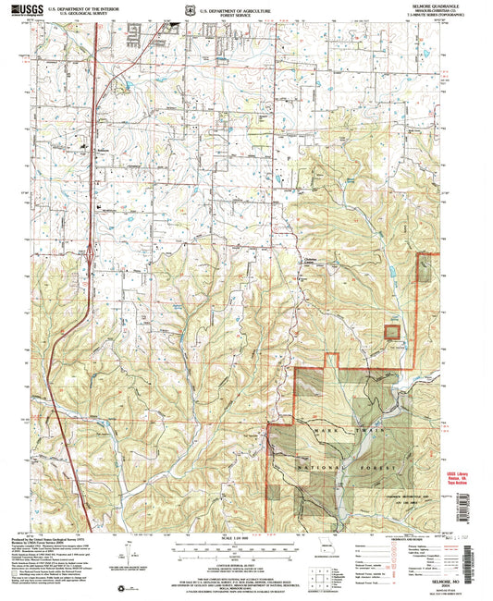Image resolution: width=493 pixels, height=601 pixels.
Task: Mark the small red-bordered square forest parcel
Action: click(x=392, y=331)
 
